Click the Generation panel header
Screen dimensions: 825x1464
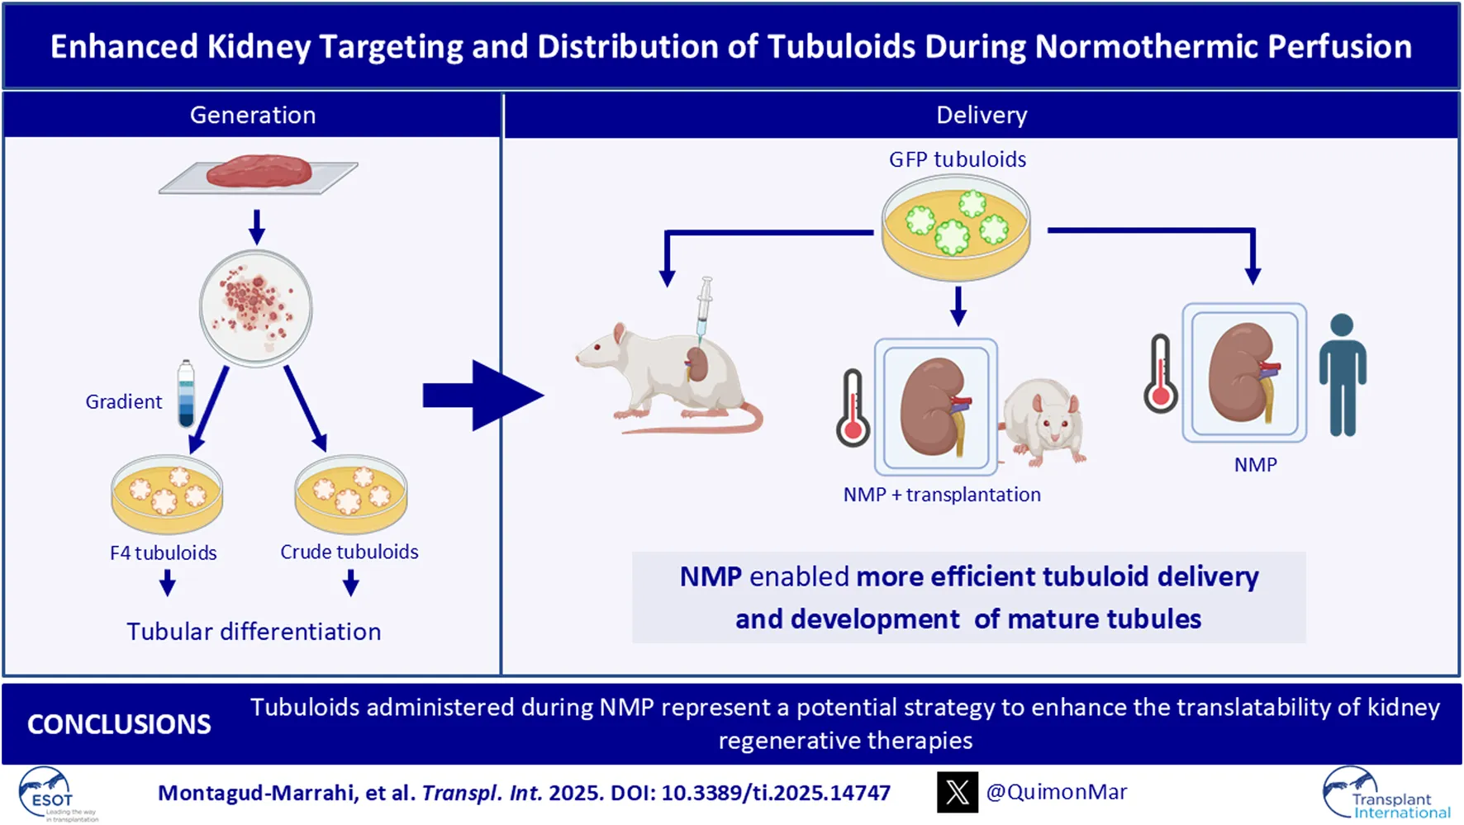click(x=252, y=115)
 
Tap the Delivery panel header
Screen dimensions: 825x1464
click(x=981, y=115)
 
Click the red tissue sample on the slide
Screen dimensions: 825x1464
click(x=259, y=171)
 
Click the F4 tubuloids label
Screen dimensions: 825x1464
click(x=164, y=552)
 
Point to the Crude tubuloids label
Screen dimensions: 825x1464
click(x=349, y=552)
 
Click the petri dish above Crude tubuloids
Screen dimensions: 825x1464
click(x=351, y=494)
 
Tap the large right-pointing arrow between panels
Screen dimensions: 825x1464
click(x=482, y=395)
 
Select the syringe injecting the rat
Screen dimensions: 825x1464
click(x=703, y=310)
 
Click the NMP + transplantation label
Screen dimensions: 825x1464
click(x=942, y=495)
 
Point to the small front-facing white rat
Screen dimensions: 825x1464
click(x=1046, y=421)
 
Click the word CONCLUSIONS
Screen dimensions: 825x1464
click(x=119, y=724)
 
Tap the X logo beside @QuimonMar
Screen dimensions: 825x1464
click(x=957, y=792)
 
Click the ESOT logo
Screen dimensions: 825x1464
click(x=51, y=794)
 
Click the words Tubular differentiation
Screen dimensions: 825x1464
click(x=254, y=632)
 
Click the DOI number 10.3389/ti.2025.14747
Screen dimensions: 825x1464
click(x=776, y=793)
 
